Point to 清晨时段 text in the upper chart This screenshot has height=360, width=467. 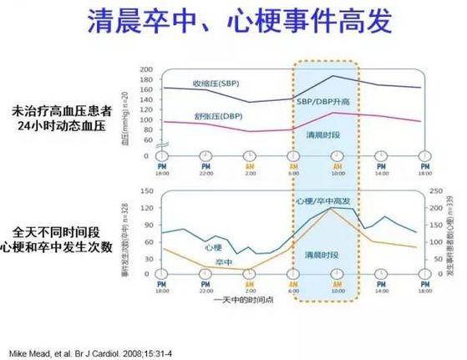pos(323,134)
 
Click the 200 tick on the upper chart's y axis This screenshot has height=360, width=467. pos(146,69)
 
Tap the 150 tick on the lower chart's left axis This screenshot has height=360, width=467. pos(147,191)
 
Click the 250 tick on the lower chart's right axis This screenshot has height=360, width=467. pos(438,191)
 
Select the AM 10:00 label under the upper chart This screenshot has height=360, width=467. pos(338,167)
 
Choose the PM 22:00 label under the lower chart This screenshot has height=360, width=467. pos(206,289)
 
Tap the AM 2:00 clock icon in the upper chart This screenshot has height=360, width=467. pos(250,155)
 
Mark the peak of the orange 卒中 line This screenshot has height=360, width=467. pos(331,208)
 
